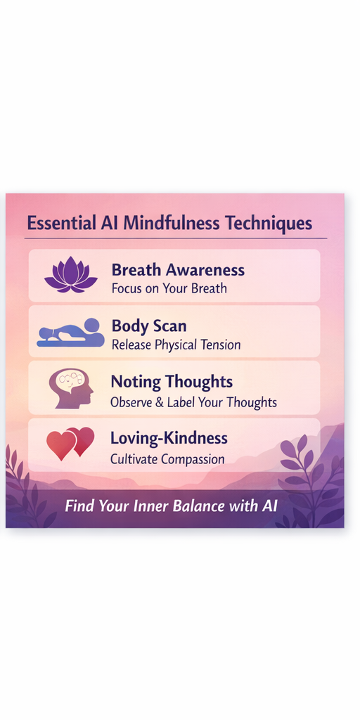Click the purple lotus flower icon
point(71,274)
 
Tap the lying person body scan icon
point(70,333)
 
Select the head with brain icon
point(71,388)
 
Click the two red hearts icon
point(70,444)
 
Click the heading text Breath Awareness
point(178,270)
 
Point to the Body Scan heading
point(149,326)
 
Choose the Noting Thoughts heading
point(172,382)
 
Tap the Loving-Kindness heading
point(169,438)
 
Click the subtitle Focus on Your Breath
point(169,288)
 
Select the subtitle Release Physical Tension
point(176,345)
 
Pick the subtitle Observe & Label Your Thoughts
point(193,402)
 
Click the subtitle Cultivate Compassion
point(167,459)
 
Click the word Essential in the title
point(59,224)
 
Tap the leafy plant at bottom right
point(309,485)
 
